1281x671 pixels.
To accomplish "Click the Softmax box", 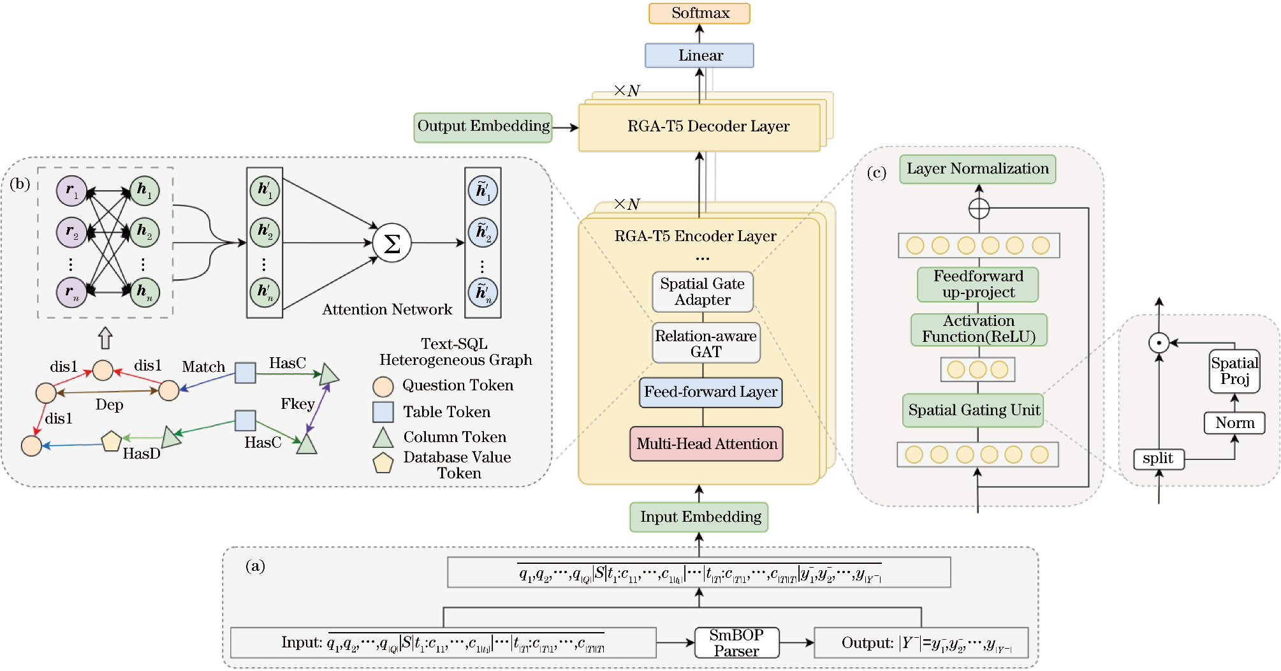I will click(699, 13).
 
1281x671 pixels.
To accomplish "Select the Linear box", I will click(699, 55).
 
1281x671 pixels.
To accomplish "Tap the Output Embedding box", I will click(483, 127).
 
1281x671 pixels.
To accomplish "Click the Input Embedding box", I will click(699, 517).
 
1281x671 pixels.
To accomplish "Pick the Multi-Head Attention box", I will click(706, 444).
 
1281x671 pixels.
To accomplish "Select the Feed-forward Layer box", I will click(710, 392).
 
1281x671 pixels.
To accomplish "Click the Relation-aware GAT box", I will click(706, 344).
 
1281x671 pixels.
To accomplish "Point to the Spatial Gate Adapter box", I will click(703, 292).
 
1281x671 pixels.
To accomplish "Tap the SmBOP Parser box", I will click(736, 643).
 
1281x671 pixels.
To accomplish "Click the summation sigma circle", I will click(392, 243).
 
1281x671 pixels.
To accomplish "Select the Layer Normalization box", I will click(977, 169).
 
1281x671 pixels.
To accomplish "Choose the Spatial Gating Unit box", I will click(973, 410).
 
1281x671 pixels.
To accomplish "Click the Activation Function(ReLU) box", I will click(979, 329).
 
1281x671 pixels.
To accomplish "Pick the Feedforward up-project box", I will click(978, 284).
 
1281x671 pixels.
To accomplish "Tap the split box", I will click(1159, 459).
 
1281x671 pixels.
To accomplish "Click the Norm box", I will click(1234, 423).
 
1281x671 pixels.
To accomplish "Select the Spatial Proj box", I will click(1234, 371).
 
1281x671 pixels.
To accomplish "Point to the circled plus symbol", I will click(979, 208).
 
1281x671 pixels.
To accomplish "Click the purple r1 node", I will click(71, 191).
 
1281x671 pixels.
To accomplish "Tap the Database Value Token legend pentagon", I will click(383, 463).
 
